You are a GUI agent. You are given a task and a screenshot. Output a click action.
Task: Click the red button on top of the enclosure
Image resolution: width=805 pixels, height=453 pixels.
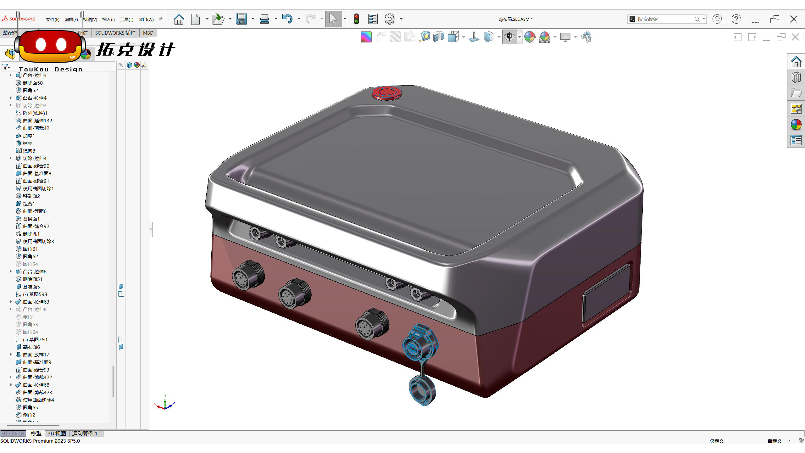(386, 93)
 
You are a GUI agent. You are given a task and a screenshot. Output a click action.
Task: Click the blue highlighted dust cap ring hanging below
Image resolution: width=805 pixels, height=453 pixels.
(422, 390)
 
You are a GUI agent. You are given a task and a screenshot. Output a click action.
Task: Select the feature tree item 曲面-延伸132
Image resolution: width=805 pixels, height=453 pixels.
(37, 120)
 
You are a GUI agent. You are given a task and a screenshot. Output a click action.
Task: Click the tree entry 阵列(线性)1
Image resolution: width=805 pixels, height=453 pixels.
(35, 113)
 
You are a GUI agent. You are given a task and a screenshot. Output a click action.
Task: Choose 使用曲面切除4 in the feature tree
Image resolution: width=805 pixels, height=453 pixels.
(38, 400)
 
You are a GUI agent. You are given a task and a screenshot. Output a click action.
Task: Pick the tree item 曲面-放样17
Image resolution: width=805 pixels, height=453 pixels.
(36, 355)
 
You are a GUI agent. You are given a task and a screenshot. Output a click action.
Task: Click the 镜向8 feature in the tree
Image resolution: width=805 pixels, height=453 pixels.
(29, 151)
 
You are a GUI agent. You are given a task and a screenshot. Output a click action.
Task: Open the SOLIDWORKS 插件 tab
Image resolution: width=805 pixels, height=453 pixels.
(115, 33)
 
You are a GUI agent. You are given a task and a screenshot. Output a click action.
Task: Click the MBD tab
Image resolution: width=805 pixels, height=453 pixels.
(148, 33)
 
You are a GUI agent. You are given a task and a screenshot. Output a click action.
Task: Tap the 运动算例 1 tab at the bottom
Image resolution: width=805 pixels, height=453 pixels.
(84, 433)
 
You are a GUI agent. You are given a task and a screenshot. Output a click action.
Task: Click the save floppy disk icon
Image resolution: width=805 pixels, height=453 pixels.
(241, 19)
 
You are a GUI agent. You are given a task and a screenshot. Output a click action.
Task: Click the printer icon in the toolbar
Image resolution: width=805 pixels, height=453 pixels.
(264, 19)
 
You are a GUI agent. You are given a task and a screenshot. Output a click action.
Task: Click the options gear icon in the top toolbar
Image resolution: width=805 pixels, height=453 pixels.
(389, 19)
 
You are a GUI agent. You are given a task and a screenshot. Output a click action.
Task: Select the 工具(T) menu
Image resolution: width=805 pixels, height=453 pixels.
(126, 20)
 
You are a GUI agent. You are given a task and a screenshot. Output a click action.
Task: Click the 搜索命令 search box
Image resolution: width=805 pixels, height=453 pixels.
(663, 19)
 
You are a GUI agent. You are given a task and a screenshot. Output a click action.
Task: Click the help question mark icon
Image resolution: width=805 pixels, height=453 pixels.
(736, 19)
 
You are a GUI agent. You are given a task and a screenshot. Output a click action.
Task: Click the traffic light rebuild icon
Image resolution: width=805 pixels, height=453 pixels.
(356, 19)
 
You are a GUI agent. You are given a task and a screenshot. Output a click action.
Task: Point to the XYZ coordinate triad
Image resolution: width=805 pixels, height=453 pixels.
(165, 404)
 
